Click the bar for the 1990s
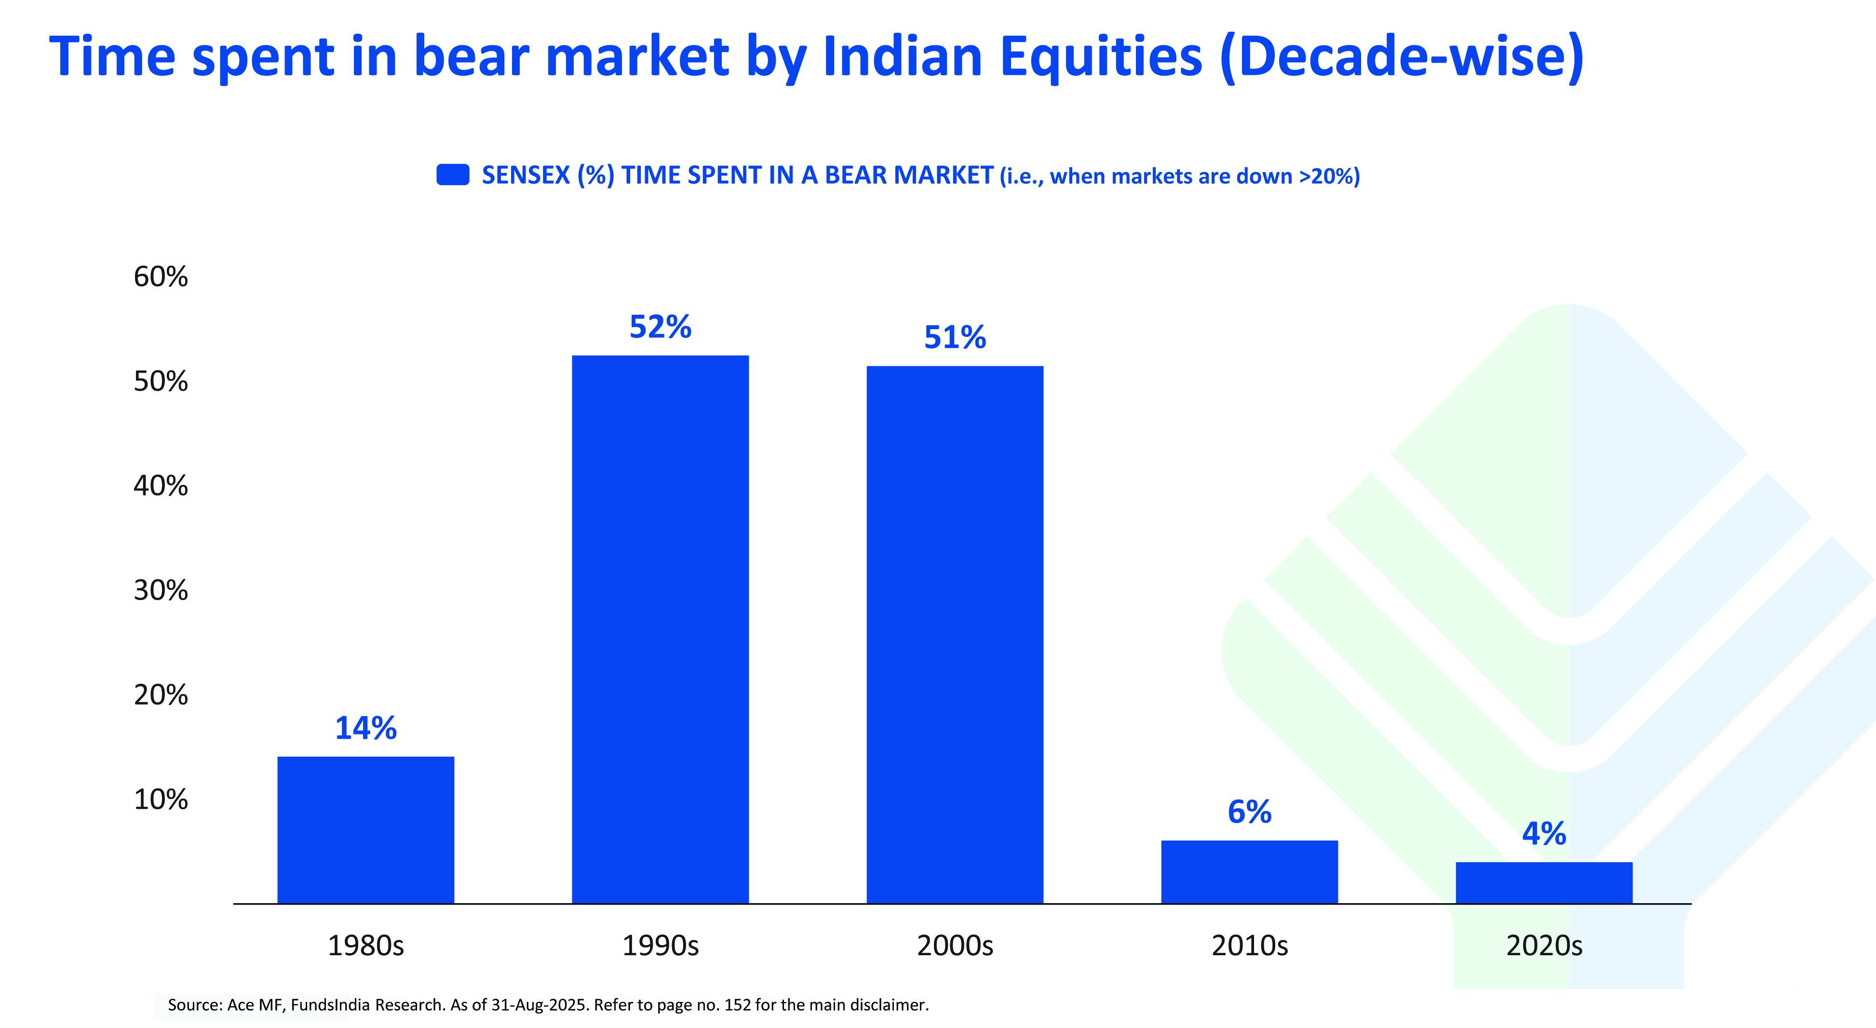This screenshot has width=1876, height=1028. (660, 630)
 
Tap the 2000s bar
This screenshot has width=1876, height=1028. (954, 635)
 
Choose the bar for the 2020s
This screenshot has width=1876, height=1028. (1543, 882)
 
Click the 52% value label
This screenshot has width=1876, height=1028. (660, 327)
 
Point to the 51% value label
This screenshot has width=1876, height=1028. (955, 337)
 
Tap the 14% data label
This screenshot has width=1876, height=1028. (365, 728)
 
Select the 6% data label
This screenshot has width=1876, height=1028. (1249, 812)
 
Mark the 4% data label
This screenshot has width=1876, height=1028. (1543, 834)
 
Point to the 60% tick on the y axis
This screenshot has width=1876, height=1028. (160, 277)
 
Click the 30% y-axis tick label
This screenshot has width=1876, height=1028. (160, 590)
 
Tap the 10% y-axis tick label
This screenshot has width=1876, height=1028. (160, 800)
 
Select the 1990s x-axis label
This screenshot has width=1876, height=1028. (660, 946)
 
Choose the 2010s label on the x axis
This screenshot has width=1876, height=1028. (1249, 946)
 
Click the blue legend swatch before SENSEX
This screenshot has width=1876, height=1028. (452, 175)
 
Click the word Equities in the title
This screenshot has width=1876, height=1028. (1100, 57)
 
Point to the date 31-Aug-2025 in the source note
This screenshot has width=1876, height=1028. (539, 1005)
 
